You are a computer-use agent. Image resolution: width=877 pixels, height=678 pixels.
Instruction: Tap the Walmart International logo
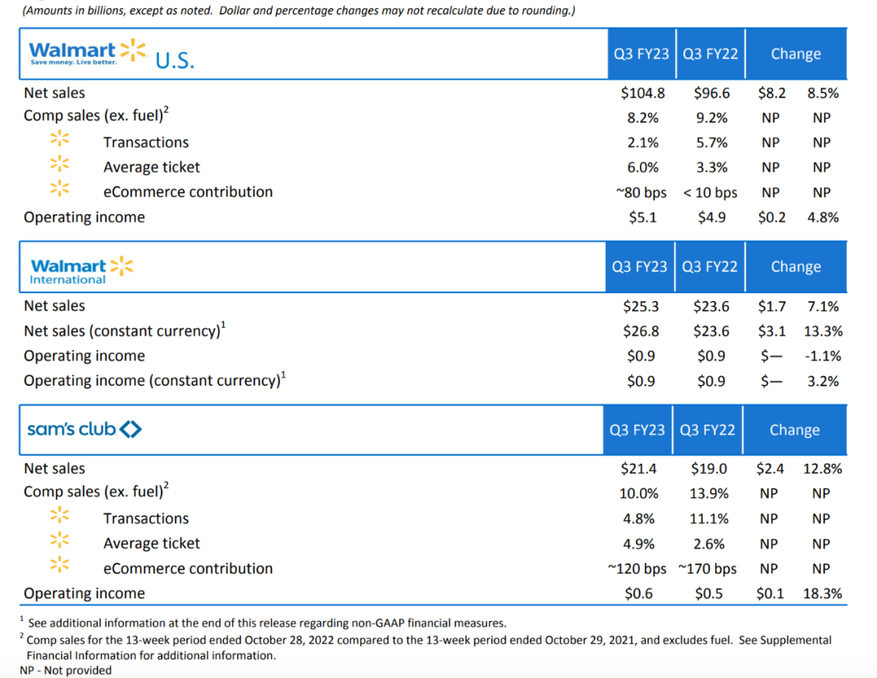click(81, 270)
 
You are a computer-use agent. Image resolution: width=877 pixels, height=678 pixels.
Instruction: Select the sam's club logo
click(84, 429)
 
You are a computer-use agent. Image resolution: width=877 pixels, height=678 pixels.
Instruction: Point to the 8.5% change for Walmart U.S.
click(823, 93)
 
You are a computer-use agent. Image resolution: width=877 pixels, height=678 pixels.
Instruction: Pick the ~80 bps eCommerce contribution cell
click(640, 192)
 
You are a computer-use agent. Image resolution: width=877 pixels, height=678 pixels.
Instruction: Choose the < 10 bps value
click(711, 192)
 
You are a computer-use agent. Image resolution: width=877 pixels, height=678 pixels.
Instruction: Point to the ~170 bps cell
click(707, 568)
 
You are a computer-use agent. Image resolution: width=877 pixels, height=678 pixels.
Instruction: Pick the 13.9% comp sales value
click(711, 493)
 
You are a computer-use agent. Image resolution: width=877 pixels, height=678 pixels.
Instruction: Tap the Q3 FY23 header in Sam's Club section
click(639, 430)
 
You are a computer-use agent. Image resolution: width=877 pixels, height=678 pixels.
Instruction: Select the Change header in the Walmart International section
click(796, 267)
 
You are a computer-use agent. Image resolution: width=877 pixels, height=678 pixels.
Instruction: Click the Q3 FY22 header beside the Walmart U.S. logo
click(711, 54)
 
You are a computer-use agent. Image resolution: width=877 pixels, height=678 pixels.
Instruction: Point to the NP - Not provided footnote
click(66, 670)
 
